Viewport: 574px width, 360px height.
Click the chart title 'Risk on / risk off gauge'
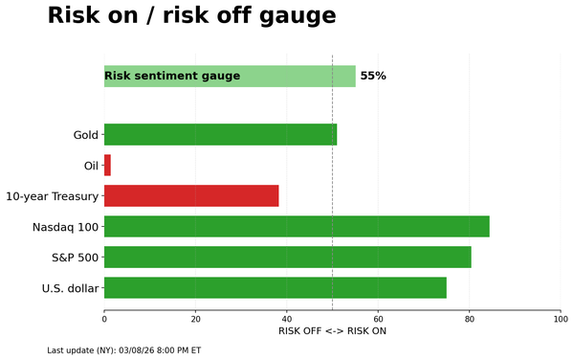coord(191,16)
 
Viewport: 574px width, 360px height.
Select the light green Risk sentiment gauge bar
coord(230,77)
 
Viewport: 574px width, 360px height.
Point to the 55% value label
coord(373,77)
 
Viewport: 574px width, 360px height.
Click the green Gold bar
coord(220,135)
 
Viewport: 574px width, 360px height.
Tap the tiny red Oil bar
coord(107,166)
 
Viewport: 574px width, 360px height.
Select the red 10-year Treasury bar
coord(191,196)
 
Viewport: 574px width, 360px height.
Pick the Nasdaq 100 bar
coord(297,227)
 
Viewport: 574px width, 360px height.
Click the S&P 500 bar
coord(287,258)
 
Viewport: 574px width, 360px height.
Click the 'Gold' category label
coord(86,135)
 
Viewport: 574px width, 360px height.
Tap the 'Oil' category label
coord(91,166)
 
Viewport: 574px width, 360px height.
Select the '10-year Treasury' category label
coord(53,196)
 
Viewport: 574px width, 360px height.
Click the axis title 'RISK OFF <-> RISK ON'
coord(332,331)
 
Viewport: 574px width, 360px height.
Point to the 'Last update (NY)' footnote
coord(124,350)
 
